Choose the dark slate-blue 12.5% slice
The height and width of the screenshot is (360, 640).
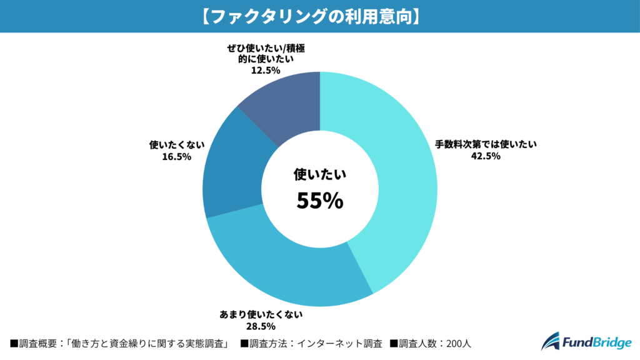click(x=287, y=106)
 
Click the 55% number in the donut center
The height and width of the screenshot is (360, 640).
click(x=319, y=201)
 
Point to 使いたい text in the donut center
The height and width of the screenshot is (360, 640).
click(x=319, y=175)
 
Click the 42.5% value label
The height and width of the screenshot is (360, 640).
click(x=486, y=156)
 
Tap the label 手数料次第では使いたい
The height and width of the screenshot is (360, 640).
click(x=486, y=144)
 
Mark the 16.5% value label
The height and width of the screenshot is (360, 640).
click(x=176, y=157)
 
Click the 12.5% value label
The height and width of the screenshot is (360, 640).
click(x=266, y=72)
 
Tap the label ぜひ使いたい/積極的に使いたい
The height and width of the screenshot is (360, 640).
click(x=266, y=55)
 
